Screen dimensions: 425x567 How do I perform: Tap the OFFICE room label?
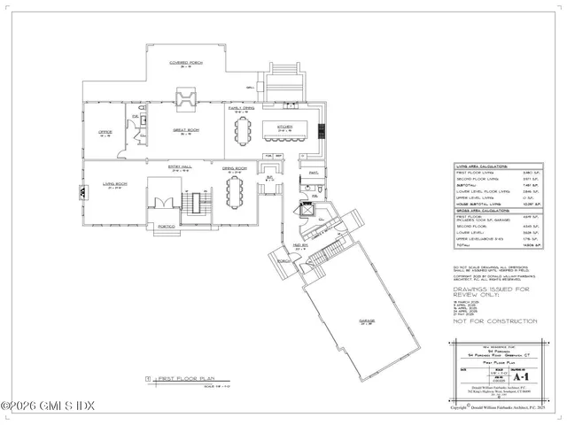point(105,133)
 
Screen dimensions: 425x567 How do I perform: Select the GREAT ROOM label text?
point(183,130)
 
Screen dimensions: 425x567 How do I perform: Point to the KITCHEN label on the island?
point(285,127)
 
